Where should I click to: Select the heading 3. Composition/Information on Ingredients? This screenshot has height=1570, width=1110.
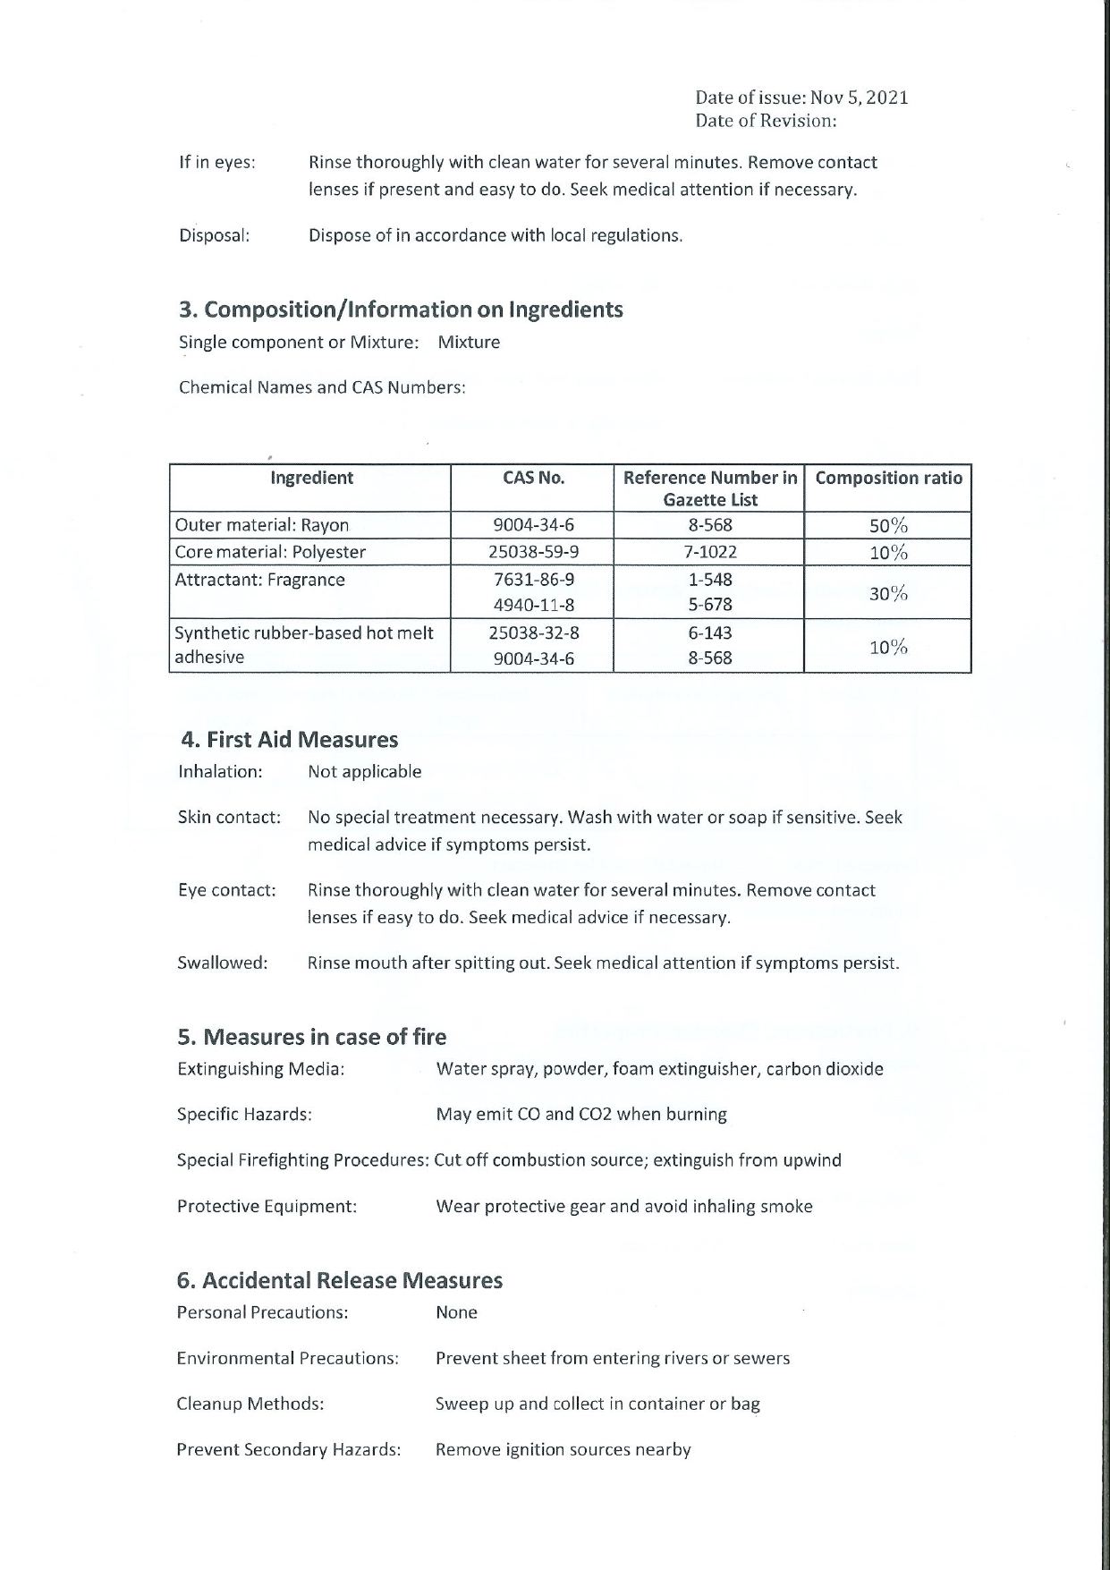tap(401, 310)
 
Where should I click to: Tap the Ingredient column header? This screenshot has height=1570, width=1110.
tap(311, 478)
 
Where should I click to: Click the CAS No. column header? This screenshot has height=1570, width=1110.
tap(533, 478)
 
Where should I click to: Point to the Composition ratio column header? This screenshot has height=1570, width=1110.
tap(888, 478)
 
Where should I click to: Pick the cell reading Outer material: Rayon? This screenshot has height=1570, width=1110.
tap(262, 525)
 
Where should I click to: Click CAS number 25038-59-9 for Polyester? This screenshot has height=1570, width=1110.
tap(533, 552)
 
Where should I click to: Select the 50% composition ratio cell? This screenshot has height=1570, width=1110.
tap(888, 525)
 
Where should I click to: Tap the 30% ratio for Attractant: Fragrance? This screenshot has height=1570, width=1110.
tap(888, 592)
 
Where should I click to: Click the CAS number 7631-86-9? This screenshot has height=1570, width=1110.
tap(533, 580)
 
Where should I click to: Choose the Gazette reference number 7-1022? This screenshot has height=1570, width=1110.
tap(710, 552)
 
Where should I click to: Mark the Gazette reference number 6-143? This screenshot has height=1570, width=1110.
tap(710, 633)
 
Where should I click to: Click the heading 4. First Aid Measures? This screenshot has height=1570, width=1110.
tap(289, 740)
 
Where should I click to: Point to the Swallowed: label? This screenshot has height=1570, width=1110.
tap(223, 963)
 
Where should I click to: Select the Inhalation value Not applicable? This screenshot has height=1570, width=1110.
tap(364, 771)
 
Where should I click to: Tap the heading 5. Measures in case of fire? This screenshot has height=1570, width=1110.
tap(311, 1037)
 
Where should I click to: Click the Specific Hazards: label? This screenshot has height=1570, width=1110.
tap(244, 1115)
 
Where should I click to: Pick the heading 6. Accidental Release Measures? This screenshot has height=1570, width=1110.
tap(340, 1281)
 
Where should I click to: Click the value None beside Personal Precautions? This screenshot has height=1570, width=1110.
tap(456, 1312)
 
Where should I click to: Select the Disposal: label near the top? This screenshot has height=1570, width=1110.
tap(214, 235)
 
